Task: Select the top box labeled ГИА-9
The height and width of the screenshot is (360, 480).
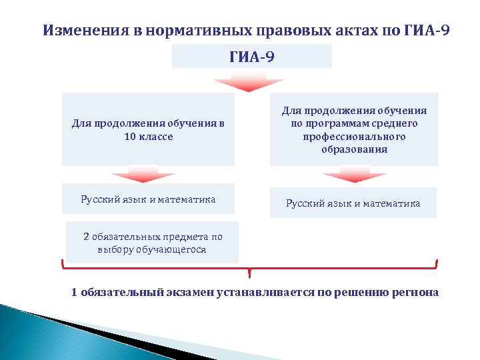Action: pyautogui.click(x=251, y=57)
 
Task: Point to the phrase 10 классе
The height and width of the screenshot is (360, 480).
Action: pyautogui.click(x=148, y=136)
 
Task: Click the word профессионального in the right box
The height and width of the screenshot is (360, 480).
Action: pyautogui.click(x=353, y=137)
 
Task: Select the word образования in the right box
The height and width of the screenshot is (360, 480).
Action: pyautogui.click(x=353, y=149)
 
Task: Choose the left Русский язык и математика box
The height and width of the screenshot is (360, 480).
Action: pyautogui.click(x=148, y=199)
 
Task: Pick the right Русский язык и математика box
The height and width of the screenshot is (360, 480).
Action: pyautogui.click(x=353, y=203)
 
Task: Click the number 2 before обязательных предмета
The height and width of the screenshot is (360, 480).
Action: pyautogui.click(x=86, y=237)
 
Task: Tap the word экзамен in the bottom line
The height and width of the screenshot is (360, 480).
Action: pyautogui.click(x=189, y=292)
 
